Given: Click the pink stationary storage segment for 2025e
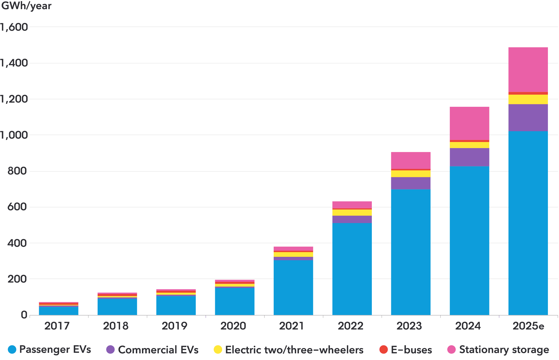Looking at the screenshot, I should point(528,69).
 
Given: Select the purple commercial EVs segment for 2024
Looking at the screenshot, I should point(469,157).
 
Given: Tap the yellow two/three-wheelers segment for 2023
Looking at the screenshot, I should point(411,174).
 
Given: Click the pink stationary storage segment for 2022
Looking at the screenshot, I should point(352,205).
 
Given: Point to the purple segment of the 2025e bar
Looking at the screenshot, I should point(528,118).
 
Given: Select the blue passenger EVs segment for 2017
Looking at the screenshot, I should point(59,311).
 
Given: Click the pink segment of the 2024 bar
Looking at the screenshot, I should point(469,123).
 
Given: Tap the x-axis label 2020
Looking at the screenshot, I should point(233,326).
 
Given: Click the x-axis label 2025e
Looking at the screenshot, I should point(528,326).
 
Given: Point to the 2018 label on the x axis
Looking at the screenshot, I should point(116,326).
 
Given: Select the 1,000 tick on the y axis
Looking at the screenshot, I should point(14,135).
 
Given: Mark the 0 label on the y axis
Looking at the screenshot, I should point(24,315).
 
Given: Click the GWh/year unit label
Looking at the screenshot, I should point(26,6).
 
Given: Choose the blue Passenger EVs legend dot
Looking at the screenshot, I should point(12,349).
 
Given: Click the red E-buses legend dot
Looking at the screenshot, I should point(383,349).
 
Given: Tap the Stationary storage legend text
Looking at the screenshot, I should point(504,349).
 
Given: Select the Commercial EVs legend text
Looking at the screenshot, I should point(158,349).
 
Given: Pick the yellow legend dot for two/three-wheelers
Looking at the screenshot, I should point(218,349).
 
